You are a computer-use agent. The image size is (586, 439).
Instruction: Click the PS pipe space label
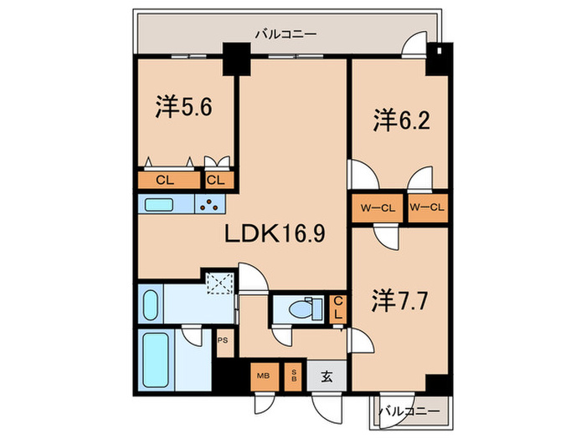pyautogui.click(x=223, y=340)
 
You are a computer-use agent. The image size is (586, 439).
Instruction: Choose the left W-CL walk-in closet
pyautogui.click(x=377, y=208)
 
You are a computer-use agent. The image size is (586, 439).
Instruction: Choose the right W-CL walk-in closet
pyautogui.click(x=427, y=208)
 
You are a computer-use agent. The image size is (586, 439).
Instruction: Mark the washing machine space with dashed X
pyautogui.click(x=220, y=282)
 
